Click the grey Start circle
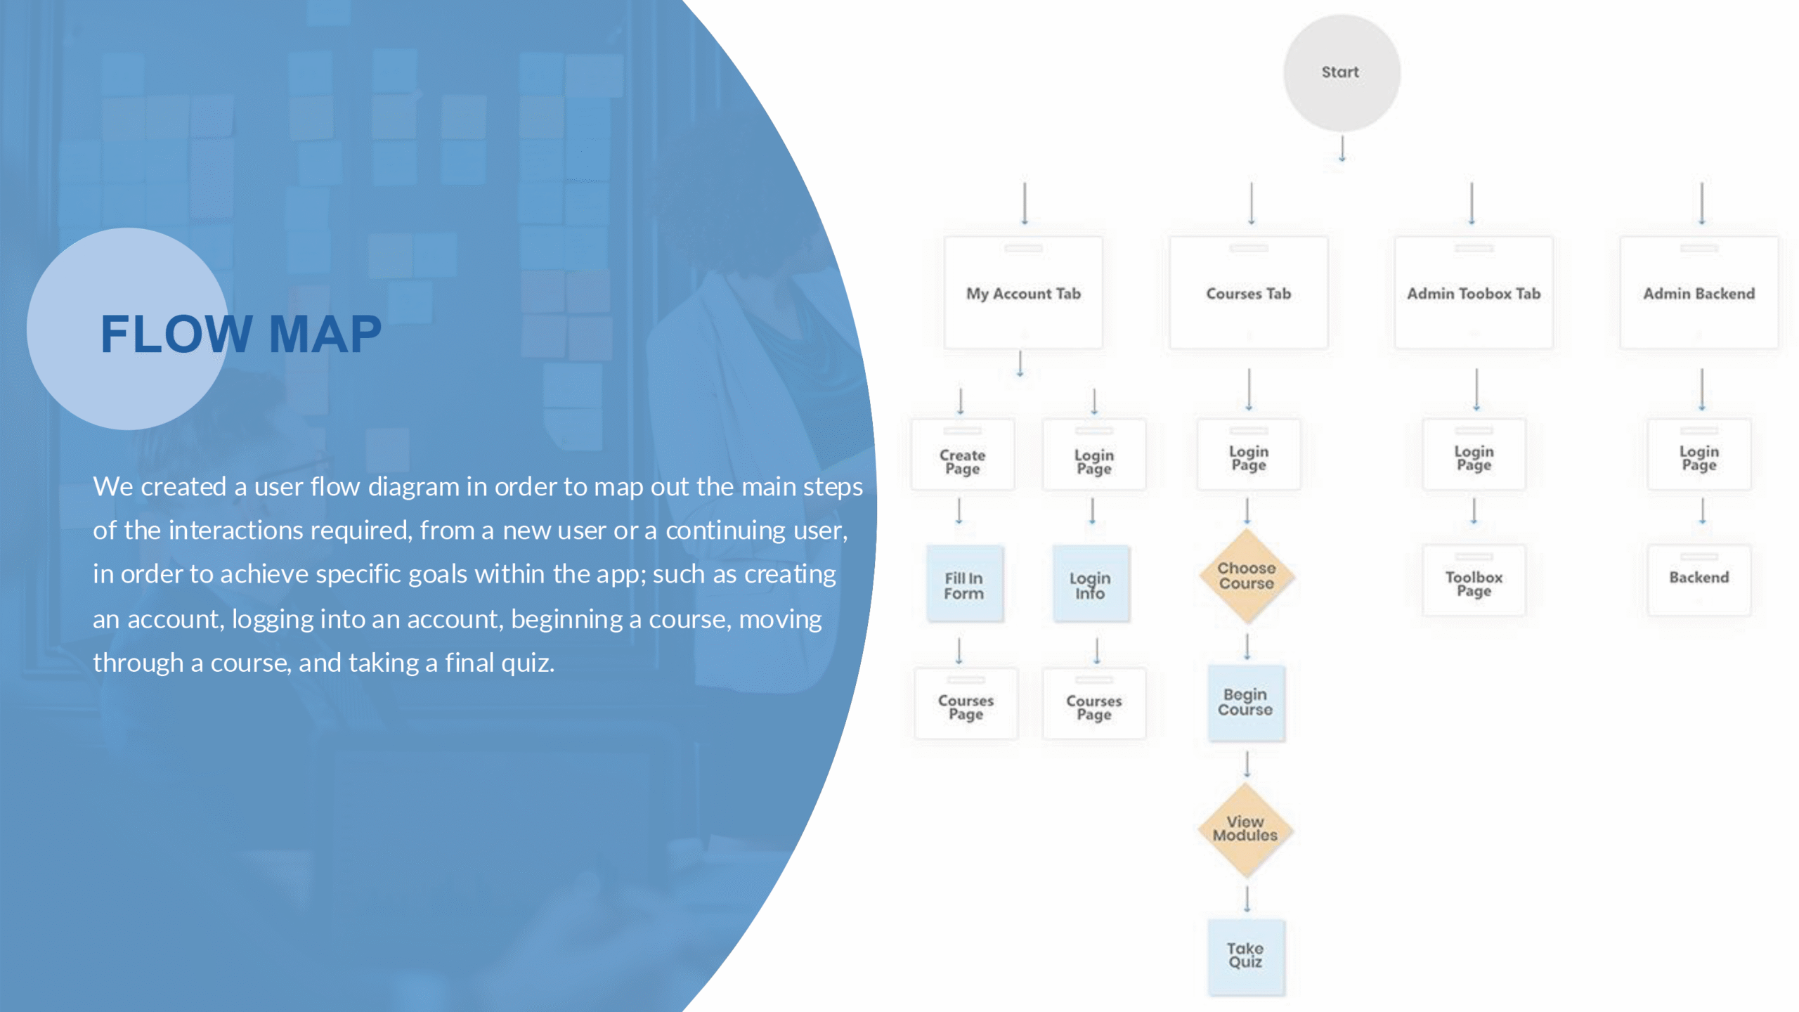[1342, 73]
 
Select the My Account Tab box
[1023, 293]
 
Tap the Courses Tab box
[1249, 293]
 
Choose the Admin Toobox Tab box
[1474, 293]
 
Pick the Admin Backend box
[1699, 293]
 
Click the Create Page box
[962, 455]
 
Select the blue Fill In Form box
[965, 584]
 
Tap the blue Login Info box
[1091, 584]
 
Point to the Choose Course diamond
[1247, 576]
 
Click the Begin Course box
[1246, 703]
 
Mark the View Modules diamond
[1246, 830]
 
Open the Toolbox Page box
[1474, 580]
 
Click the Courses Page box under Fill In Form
[966, 703]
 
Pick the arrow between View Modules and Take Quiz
[1247, 899]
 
